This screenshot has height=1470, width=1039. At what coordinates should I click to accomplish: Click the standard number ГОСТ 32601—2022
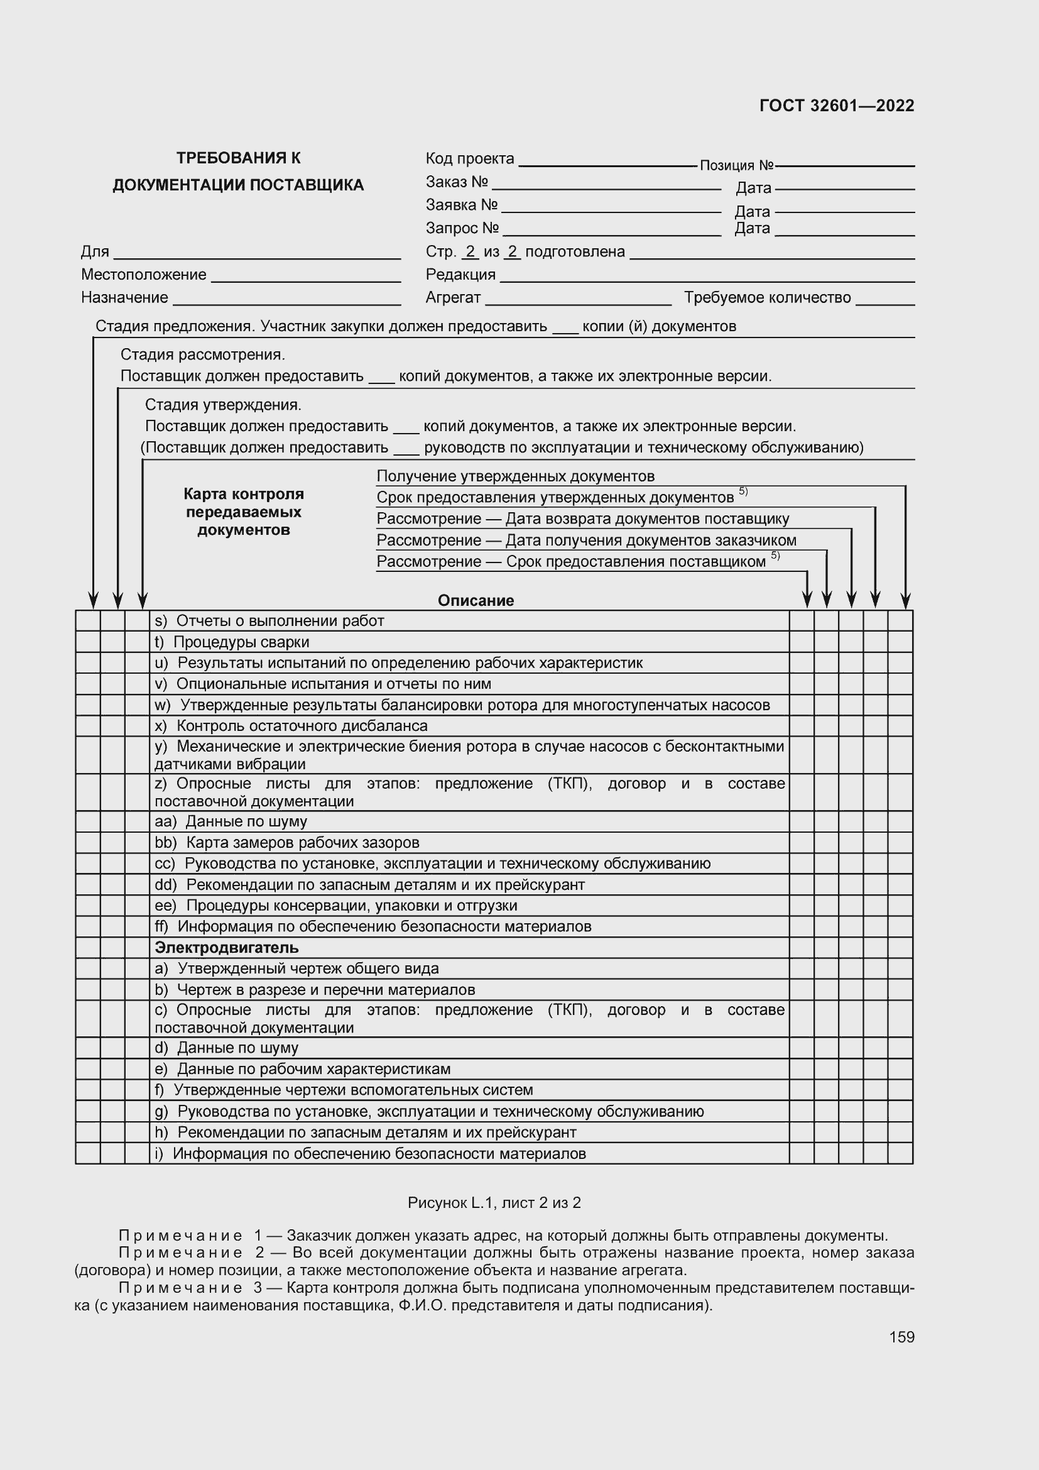[x=836, y=106]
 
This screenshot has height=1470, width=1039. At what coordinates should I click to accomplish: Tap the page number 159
[x=901, y=1337]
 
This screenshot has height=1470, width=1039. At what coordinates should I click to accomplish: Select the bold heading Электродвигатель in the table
[x=227, y=948]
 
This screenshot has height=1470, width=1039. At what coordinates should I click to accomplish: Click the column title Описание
[x=476, y=601]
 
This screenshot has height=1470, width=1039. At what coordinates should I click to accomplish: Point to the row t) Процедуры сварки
[x=232, y=642]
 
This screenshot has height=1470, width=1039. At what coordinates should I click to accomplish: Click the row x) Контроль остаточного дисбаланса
[x=291, y=726]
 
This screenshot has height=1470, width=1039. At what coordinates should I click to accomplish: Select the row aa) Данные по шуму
[x=231, y=821]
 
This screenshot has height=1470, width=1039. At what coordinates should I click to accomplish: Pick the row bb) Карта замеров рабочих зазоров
[x=286, y=843]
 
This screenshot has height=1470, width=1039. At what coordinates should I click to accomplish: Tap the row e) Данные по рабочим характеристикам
[x=303, y=1069]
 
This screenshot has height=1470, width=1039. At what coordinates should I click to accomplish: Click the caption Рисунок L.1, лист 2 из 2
[x=494, y=1203]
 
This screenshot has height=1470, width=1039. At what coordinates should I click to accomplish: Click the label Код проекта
[x=470, y=158]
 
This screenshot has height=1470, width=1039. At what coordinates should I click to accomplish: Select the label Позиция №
[x=736, y=165]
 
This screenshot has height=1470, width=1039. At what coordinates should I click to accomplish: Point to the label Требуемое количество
[x=767, y=297]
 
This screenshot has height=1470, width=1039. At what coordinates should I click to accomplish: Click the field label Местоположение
[x=143, y=275]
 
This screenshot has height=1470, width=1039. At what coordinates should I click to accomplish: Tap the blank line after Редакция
[x=707, y=277]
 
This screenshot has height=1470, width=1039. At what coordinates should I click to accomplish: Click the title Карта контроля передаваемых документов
[x=243, y=512]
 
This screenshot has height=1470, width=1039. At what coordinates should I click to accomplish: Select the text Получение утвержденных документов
[x=515, y=476]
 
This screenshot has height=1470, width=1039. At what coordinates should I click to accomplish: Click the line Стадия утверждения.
[x=222, y=405]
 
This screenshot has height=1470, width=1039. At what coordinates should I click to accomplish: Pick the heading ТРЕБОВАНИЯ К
[x=238, y=158]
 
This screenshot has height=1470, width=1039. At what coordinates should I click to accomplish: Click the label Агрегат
[x=452, y=297]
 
